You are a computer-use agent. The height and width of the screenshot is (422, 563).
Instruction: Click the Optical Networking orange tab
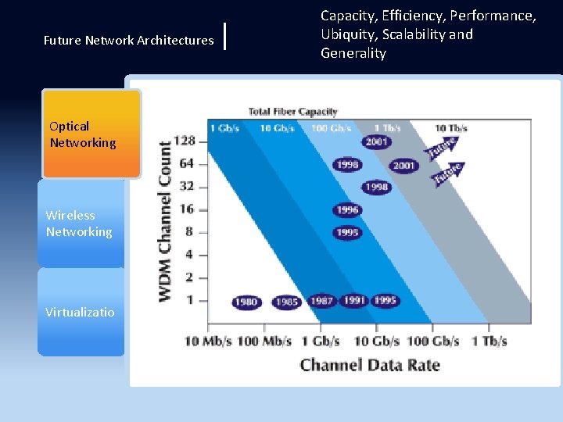[x=91, y=134]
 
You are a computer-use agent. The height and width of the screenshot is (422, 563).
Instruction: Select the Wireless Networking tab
[x=81, y=224]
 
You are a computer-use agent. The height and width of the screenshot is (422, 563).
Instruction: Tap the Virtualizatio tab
[x=81, y=312]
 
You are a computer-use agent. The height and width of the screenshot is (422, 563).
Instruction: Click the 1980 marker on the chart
[x=247, y=302]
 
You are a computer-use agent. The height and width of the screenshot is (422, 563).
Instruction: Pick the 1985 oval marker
[x=286, y=302]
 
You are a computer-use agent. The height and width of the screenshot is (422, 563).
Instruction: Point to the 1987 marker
[x=321, y=301]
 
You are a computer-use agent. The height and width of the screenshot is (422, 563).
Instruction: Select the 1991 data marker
[x=353, y=301]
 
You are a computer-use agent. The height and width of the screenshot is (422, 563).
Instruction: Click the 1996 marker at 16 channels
[x=347, y=209]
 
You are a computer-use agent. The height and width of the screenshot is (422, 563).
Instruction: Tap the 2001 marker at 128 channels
[x=377, y=141]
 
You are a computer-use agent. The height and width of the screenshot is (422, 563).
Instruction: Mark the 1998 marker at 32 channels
[x=377, y=188]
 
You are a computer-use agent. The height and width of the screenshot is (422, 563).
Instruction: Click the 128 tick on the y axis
[x=184, y=141]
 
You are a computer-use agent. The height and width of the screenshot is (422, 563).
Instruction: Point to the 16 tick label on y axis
[x=187, y=209]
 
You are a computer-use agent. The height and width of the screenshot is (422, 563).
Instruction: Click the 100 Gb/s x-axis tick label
[x=433, y=342]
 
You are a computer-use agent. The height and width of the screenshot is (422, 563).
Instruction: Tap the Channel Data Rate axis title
[x=370, y=365]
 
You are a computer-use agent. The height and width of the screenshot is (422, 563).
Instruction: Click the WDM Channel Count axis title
[x=166, y=221]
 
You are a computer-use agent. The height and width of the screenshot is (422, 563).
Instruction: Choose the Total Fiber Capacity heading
[x=292, y=112]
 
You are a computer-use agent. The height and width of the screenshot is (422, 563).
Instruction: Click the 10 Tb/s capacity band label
[x=451, y=128]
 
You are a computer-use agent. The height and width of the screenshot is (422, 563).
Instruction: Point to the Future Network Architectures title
[x=128, y=40]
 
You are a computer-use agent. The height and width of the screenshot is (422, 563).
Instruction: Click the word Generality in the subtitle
[x=353, y=53]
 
